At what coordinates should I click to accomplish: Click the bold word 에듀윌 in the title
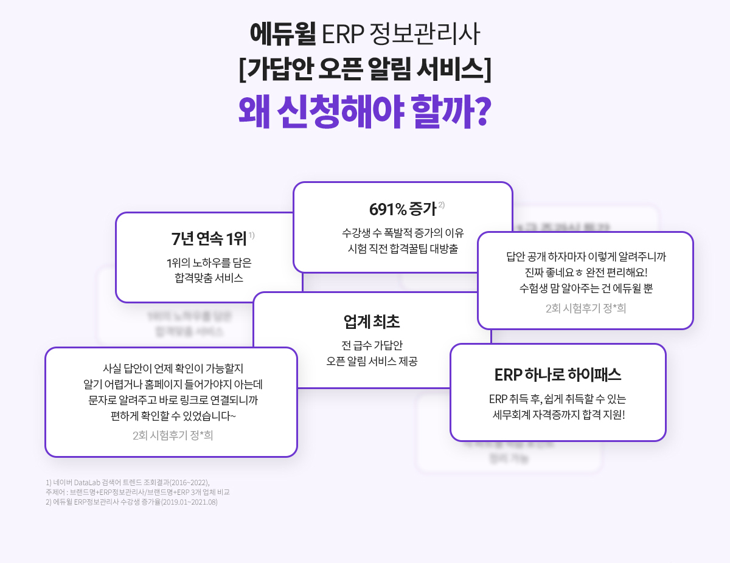(282, 35)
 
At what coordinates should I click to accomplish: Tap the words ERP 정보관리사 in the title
(401, 35)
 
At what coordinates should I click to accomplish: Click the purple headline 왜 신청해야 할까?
(364, 110)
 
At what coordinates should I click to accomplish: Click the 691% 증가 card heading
(402, 209)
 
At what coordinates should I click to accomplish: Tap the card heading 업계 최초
(372, 322)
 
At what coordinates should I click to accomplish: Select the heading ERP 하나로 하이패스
(558, 375)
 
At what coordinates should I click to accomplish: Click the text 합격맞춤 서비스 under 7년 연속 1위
(209, 279)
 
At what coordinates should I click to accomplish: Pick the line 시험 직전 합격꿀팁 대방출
(403, 249)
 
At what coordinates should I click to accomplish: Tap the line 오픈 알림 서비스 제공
(372, 361)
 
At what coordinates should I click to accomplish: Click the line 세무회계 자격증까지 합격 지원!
(558, 415)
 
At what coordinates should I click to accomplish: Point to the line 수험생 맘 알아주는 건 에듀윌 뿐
(586, 289)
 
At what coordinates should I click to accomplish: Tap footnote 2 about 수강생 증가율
(131, 502)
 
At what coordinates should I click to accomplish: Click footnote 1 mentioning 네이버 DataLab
(128, 482)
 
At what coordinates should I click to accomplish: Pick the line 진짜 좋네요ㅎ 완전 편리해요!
(586, 273)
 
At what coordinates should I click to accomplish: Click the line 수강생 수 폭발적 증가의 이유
(403, 233)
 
